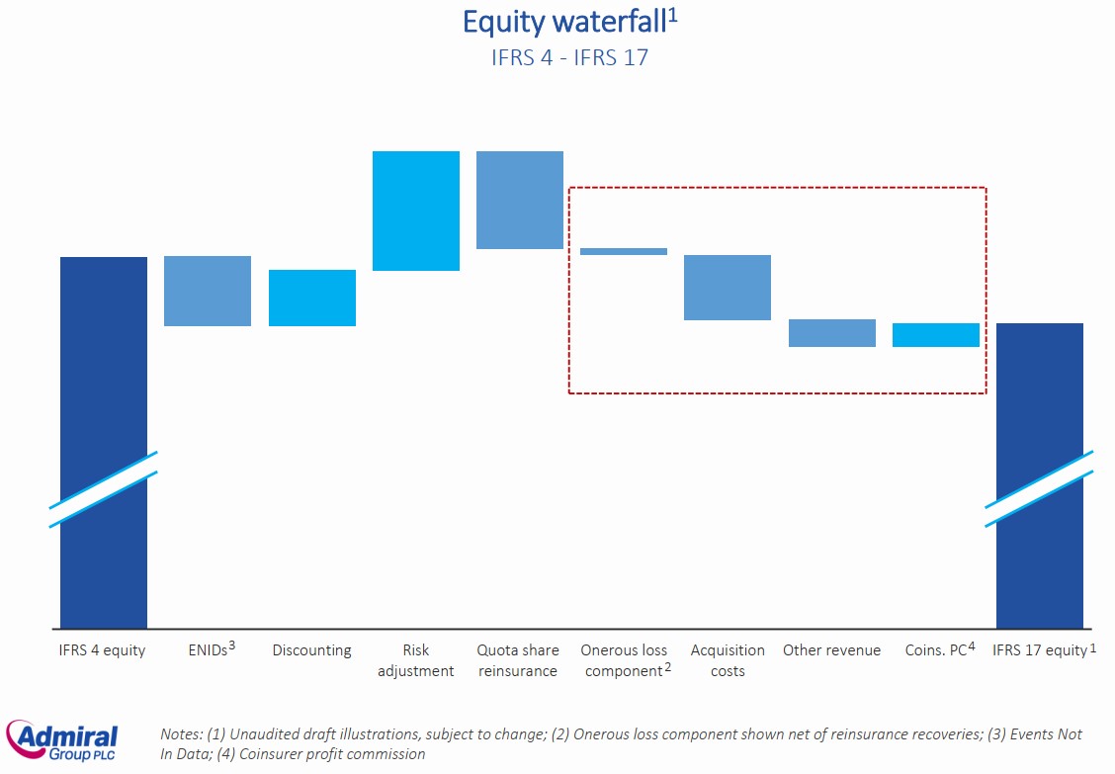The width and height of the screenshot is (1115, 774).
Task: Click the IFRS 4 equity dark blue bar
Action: click(x=104, y=356)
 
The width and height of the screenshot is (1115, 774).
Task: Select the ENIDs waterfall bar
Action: click(x=208, y=291)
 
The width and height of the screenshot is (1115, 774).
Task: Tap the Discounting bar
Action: click(x=312, y=298)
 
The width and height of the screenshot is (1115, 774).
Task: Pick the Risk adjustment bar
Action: click(x=416, y=211)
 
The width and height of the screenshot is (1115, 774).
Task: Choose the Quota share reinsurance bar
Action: click(x=520, y=200)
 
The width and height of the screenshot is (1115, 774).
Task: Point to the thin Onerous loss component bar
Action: click(x=624, y=251)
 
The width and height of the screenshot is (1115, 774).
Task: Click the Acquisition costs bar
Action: click(x=728, y=288)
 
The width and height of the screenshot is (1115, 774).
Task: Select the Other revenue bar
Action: click(x=832, y=333)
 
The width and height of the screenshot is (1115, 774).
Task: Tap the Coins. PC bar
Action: click(x=936, y=335)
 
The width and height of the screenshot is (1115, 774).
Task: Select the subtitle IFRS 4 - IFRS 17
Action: click(x=569, y=57)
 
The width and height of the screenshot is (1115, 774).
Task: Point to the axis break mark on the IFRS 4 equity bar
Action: click(x=104, y=489)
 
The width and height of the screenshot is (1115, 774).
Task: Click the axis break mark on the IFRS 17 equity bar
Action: click(x=1040, y=488)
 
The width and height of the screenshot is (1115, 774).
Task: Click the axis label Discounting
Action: click(x=312, y=650)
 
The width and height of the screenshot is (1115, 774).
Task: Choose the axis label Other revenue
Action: click(x=832, y=650)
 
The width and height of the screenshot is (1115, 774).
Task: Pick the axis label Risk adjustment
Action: click(x=416, y=660)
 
